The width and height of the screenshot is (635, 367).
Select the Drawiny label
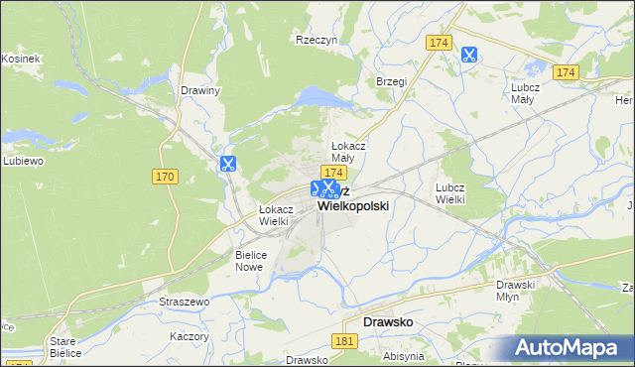tap(200, 90)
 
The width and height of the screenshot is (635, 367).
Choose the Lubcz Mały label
tap(524, 92)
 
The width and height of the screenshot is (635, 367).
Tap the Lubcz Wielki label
tap(450, 192)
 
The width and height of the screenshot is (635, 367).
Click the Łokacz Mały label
tap(349, 152)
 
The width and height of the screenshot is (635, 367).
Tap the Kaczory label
tap(189, 336)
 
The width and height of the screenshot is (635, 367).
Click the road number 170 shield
tap(165, 177)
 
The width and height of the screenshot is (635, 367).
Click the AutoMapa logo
tap(571, 347)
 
